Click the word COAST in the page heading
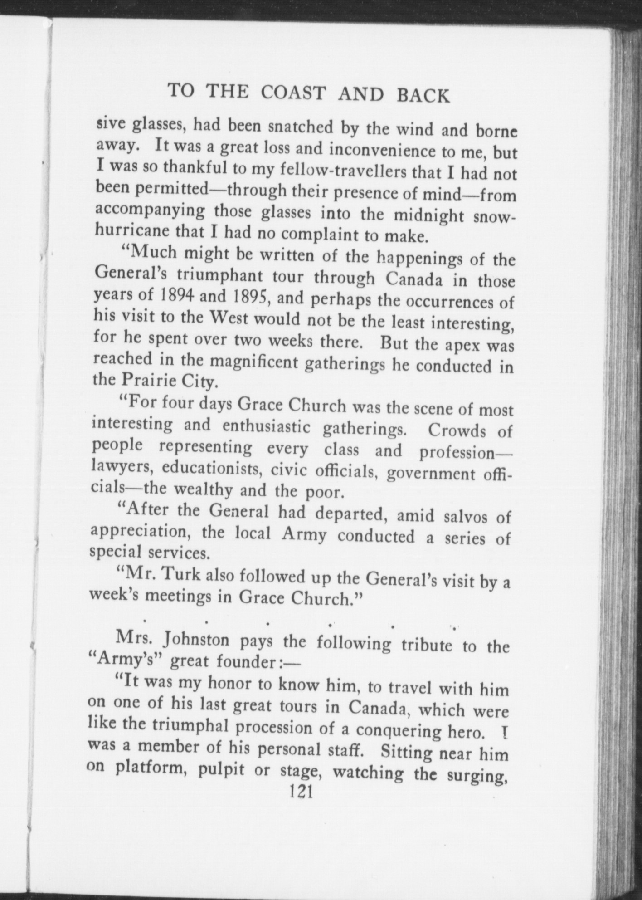(x=294, y=93)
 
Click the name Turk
(x=182, y=576)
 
